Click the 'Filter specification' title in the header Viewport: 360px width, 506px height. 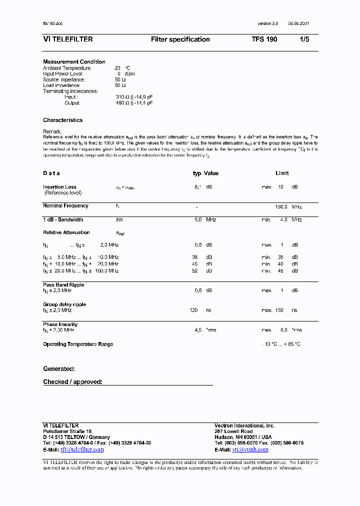point(180,39)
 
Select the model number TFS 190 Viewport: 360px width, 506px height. point(264,39)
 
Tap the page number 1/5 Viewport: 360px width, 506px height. point(304,39)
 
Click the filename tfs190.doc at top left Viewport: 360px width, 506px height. point(52,24)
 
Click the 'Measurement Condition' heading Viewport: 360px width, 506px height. point(74,62)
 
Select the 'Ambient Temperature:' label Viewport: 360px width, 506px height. point(67,68)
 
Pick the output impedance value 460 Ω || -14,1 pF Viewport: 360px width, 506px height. point(134,103)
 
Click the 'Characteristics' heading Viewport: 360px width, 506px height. point(62,120)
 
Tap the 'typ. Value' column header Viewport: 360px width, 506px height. point(205,173)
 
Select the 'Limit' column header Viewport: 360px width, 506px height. point(282,173)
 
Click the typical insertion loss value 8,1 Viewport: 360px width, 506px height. point(197,187)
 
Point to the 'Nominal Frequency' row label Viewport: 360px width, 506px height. point(65,205)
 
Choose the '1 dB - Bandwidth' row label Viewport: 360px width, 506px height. point(63,219)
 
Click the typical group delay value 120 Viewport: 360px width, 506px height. point(194,310)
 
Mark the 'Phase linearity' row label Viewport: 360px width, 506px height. point(60,324)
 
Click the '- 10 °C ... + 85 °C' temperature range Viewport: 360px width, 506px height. point(281,344)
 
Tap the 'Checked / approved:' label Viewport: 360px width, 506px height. point(72,382)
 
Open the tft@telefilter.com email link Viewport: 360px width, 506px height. point(82,449)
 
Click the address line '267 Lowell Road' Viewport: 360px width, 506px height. point(233,431)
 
